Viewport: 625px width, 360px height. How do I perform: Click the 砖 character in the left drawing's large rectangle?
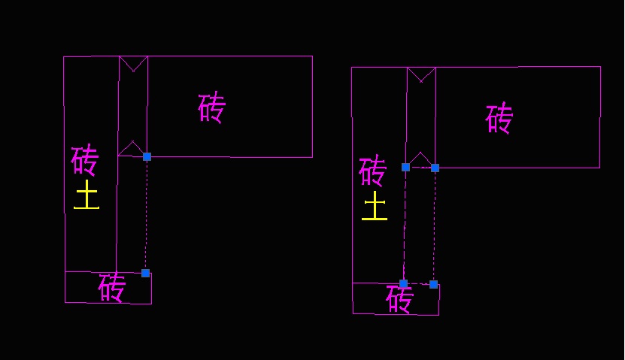[x=212, y=108]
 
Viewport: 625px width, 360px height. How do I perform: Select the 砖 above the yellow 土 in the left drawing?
[x=85, y=159]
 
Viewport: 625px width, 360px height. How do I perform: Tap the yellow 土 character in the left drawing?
[x=86, y=195]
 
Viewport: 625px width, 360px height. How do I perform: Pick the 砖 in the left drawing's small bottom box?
[x=111, y=287]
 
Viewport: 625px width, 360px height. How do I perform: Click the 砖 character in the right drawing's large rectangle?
[x=499, y=119]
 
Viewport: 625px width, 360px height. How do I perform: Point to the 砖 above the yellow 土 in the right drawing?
[x=372, y=171]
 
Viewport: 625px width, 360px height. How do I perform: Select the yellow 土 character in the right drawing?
[x=375, y=206]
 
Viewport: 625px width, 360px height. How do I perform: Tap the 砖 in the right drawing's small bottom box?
[x=399, y=299]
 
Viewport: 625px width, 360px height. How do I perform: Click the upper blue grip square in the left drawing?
[x=147, y=156]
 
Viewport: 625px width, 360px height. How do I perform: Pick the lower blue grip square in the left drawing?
[x=145, y=273]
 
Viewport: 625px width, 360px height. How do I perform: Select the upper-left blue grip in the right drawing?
[x=405, y=167]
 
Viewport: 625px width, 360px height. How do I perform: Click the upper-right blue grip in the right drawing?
[x=435, y=168]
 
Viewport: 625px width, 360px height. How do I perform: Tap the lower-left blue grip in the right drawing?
[x=403, y=283]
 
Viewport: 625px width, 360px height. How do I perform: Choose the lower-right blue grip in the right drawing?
[x=433, y=284]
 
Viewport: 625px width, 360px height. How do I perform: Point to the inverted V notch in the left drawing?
[x=132, y=148]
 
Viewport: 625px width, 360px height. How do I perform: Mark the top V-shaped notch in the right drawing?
[x=421, y=74]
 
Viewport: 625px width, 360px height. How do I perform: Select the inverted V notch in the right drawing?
[x=420, y=159]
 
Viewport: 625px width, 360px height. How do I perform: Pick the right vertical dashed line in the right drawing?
[x=434, y=225]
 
